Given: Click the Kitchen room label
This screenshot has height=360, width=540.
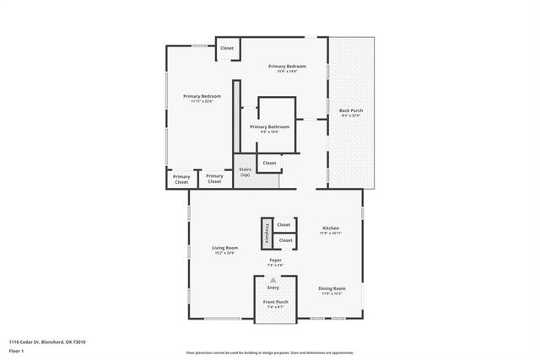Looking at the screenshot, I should pyautogui.click(x=331, y=228).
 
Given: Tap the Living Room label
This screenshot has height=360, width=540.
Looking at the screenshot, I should pyautogui.click(x=224, y=248).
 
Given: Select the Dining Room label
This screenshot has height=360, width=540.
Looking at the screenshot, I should pyautogui.click(x=332, y=289).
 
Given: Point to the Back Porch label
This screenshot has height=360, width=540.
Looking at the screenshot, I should pyautogui.click(x=350, y=110).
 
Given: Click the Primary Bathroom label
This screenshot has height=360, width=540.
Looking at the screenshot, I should pyautogui.click(x=269, y=127).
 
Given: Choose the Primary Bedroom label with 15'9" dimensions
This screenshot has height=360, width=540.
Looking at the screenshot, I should pyautogui.click(x=287, y=67).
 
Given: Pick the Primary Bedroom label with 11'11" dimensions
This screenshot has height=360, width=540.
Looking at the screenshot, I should pyautogui.click(x=202, y=97).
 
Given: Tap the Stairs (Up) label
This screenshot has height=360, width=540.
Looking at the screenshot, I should pyautogui.click(x=246, y=171).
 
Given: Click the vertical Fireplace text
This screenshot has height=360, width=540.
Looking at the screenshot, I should pyautogui.click(x=265, y=232).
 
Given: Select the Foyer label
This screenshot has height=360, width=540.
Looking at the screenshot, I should pyautogui.click(x=275, y=261).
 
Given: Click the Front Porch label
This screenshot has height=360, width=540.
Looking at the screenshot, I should pyautogui.click(x=275, y=302).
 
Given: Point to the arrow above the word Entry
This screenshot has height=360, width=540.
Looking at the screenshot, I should pyautogui.click(x=273, y=279).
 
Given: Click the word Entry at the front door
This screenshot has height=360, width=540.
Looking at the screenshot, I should pyautogui.click(x=273, y=287).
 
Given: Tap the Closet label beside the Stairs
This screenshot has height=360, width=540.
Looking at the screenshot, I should pyautogui.click(x=269, y=163).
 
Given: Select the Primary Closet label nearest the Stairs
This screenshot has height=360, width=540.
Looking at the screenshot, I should pyautogui.click(x=214, y=179).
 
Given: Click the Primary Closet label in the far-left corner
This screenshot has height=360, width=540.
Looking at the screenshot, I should pyautogui.click(x=181, y=179).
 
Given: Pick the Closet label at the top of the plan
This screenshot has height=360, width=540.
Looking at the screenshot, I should pyautogui.click(x=227, y=48).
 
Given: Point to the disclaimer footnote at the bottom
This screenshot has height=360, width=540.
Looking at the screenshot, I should pyautogui.click(x=270, y=352).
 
